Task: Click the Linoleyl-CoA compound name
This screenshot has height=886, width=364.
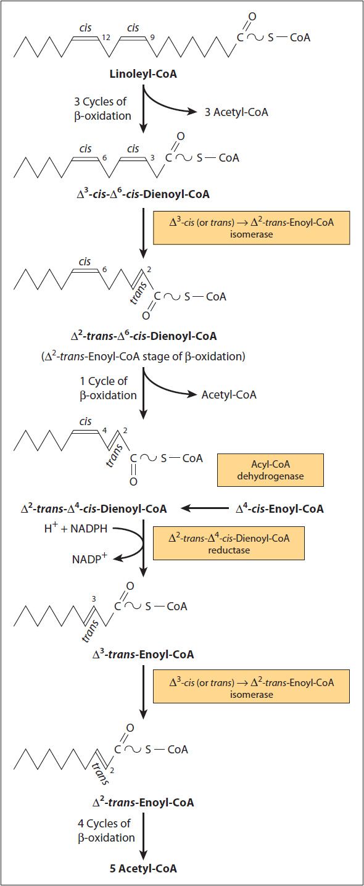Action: (143, 73)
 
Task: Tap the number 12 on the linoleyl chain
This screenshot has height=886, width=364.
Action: (105, 38)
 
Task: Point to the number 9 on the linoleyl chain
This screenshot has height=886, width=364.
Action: (152, 38)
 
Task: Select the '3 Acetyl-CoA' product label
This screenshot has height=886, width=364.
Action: (236, 112)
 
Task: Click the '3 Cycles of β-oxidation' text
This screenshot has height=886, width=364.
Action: (102, 109)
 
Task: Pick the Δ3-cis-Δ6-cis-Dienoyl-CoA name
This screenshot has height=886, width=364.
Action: (143, 194)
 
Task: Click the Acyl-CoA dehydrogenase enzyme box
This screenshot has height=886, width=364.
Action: (270, 470)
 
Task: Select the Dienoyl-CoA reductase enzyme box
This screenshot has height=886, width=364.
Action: (229, 544)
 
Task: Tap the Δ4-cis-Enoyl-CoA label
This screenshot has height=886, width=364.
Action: (279, 508)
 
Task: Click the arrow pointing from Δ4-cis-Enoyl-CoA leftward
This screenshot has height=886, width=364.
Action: (205, 508)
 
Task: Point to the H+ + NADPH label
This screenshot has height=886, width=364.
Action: (75, 528)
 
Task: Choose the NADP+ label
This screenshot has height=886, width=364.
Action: (89, 558)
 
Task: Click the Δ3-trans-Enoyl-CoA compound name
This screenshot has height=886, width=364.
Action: (143, 654)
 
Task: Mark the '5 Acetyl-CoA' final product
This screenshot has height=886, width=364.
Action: (143, 868)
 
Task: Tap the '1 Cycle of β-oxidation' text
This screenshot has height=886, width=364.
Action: (108, 388)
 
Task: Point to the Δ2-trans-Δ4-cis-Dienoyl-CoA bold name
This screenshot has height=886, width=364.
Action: (94, 508)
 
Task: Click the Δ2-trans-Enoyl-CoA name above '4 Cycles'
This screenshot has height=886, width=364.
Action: (143, 802)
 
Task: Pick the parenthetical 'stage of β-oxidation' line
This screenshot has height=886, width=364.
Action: (143, 357)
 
